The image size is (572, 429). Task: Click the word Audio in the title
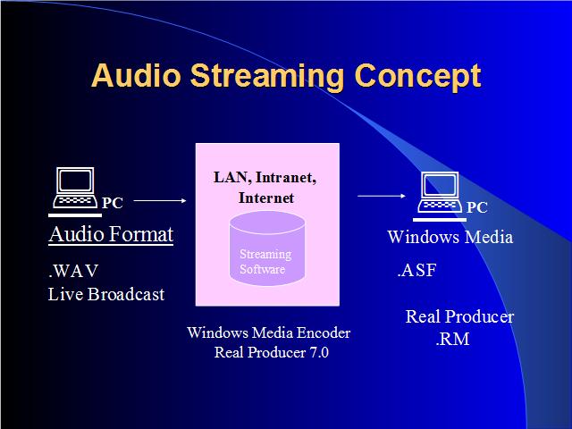pyautogui.click(x=136, y=75)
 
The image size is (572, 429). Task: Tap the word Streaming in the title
pyautogui.click(x=267, y=78)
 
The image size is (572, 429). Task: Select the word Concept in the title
pyautogui.click(x=417, y=78)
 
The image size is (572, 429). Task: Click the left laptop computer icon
pyautogui.click(x=75, y=190)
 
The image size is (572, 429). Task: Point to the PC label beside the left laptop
pyautogui.click(x=113, y=203)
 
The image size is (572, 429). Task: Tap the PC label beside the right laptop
pyautogui.click(x=476, y=207)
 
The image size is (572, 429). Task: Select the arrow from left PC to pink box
pyautogui.click(x=160, y=200)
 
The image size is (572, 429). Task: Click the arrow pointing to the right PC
pyautogui.click(x=382, y=196)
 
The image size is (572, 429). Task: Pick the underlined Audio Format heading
pyautogui.click(x=111, y=234)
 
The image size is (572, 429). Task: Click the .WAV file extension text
pyautogui.click(x=73, y=271)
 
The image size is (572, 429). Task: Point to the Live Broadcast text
pyautogui.click(x=106, y=294)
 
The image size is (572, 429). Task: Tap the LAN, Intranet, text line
pyautogui.click(x=265, y=178)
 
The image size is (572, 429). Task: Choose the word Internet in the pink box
pyautogui.click(x=266, y=198)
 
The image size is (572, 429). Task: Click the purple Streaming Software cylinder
pyautogui.click(x=267, y=248)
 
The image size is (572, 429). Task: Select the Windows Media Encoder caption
pyautogui.click(x=268, y=332)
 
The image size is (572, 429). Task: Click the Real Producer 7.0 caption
pyautogui.click(x=272, y=352)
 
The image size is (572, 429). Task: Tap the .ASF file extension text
pyautogui.click(x=417, y=270)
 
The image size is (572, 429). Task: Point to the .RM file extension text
pyautogui.click(x=452, y=340)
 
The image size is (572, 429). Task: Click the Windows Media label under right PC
pyautogui.click(x=450, y=237)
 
